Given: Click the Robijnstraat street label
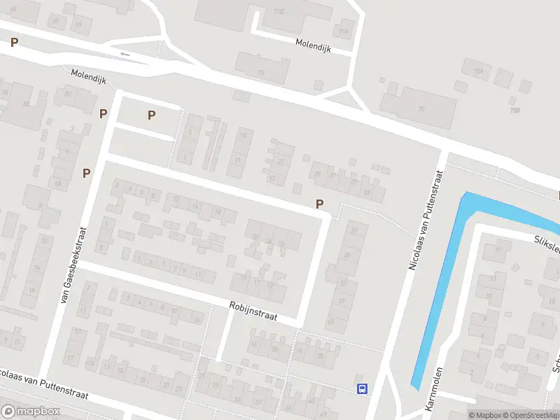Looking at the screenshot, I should point(253,311).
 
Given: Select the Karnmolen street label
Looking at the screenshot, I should point(434,389).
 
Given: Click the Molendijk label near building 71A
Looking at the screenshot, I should point(316,43).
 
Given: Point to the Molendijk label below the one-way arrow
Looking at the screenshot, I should point(87,76).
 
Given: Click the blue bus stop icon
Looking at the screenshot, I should point(362,388).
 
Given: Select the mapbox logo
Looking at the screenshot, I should point(31,412).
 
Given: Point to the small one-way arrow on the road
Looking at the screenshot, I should point(125,54).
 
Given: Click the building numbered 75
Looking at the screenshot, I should point(421,108).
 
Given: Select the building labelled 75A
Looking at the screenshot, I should point(478,71).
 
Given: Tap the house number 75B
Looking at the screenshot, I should point(515,110).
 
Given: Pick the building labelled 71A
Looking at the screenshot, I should point(342,31).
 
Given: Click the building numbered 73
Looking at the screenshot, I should point(261,72).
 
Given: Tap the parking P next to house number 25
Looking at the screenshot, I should point(320,204).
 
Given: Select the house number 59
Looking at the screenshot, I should point(342,300).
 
